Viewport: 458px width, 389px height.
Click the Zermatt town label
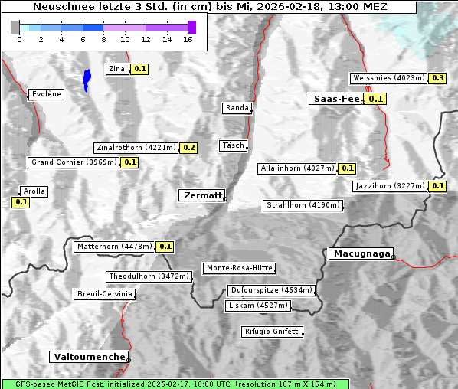[x=202, y=195]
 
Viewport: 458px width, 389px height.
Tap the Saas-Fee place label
[x=335, y=99]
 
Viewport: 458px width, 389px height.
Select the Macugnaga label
[x=360, y=253]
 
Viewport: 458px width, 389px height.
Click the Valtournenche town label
[x=89, y=357]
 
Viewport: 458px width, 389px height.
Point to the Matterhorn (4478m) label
[x=113, y=247]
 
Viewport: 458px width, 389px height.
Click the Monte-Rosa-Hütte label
[x=238, y=268]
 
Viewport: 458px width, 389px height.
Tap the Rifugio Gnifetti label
[x=272, y=332]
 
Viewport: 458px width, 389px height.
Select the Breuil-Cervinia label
[x=104, y=294]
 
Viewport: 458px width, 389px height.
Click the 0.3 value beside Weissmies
[x=437, y=78]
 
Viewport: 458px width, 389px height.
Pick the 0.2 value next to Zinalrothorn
[x=189, y=148]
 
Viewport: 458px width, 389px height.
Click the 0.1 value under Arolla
[x=21, y=202]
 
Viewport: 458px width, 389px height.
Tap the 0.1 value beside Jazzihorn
[x=437, y=186]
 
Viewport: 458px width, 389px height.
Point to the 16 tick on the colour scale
[x=188, y=40]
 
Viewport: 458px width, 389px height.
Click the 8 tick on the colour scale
[x=103, y=40]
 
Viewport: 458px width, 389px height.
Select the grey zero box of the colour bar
[x=15, y=27]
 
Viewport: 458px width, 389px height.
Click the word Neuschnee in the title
[x=60, y=7]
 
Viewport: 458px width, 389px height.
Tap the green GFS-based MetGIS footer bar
[x=175, y=384]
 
